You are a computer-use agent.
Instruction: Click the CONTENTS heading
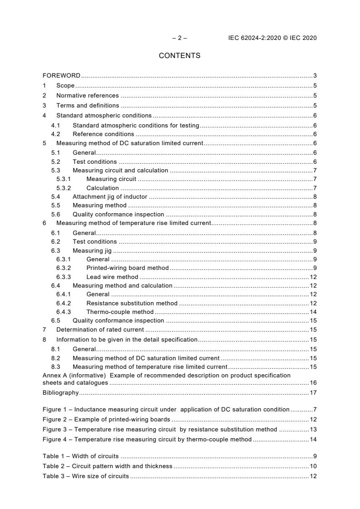point(179,56)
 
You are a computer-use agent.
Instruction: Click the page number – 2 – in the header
point(179,38)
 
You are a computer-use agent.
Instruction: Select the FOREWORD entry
point(61,75)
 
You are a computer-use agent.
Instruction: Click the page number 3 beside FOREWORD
point(315,75)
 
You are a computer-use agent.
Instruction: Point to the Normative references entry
point(87,96)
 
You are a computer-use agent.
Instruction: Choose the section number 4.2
point(55,134)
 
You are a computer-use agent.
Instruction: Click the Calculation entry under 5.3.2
point(103,188)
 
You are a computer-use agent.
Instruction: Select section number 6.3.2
point(64,268)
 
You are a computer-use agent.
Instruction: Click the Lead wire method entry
point(112,277)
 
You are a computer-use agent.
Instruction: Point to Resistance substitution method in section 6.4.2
point(132,303)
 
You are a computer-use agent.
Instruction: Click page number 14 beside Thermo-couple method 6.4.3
point(313,312)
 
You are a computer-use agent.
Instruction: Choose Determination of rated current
point(100,330)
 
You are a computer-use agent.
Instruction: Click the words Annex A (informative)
point(74,375)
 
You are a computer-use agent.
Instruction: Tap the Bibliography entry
point(60,392)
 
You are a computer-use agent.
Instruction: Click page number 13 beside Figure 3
point(313,429)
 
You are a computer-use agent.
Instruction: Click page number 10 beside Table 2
point(313,466)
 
